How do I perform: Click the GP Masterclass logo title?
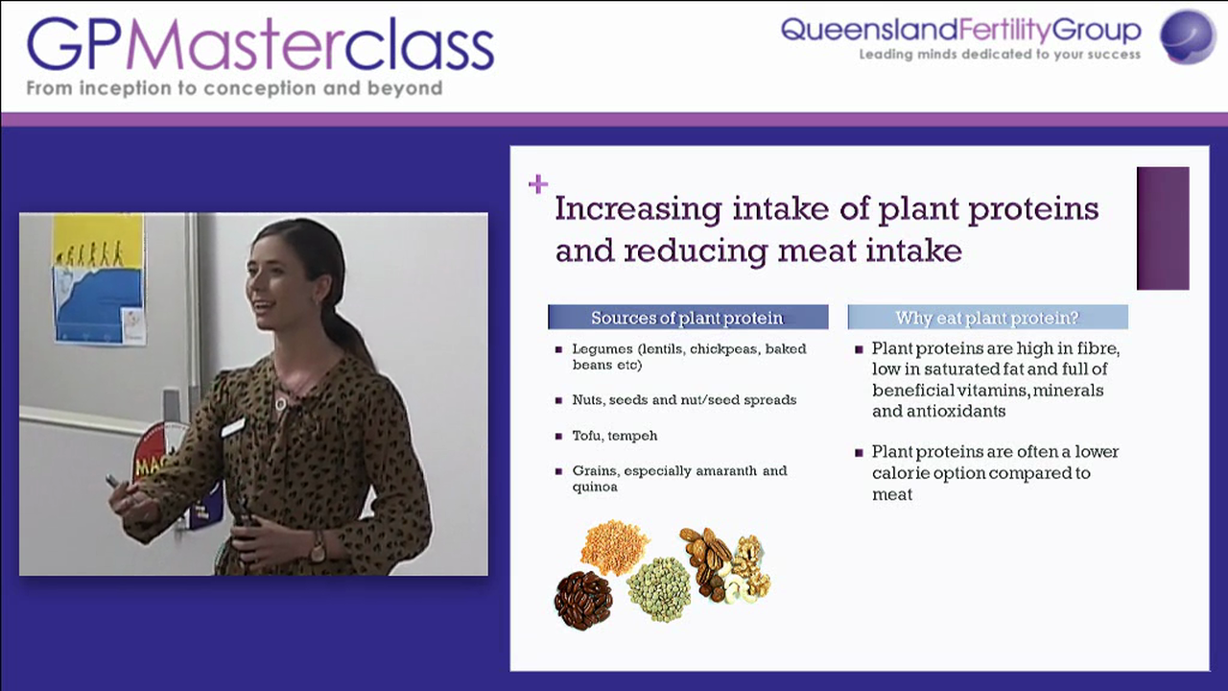coord(259,44)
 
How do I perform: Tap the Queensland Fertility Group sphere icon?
coord(1188,36)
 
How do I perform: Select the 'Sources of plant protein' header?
coord(687,318)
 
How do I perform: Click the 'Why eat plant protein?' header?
coord(987,318)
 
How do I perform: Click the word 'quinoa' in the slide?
coord(594,487)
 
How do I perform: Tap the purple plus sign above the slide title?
coord(537,183)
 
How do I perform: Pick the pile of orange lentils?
coord(613,546)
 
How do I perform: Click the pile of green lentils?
coord(659,587)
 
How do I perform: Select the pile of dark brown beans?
coord(582,600)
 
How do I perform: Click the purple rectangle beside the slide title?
coord(1163,227)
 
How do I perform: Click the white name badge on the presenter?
coord(233,427)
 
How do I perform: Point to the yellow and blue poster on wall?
coord(99,278)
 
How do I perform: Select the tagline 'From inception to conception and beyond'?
coord(234,88)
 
